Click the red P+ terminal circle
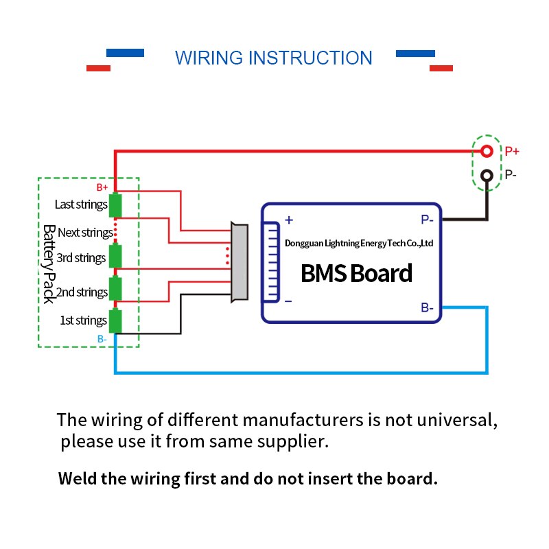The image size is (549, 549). [487, 151]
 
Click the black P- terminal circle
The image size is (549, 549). [487, 176]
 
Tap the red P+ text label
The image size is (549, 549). [512, 152]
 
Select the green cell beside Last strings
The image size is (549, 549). [116, 205]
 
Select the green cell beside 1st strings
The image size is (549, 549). [116, 320]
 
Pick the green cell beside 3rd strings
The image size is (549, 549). [116, 256]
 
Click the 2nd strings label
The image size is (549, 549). [82, 292]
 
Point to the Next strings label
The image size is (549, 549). [85, 233]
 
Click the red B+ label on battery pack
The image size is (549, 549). [102, 187]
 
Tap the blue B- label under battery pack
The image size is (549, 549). [102, 339]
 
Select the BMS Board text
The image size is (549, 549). [356, 273]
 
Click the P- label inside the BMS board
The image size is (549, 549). [426, 220]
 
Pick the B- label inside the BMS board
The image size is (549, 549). [426, 308]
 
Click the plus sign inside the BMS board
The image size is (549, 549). [289, 220]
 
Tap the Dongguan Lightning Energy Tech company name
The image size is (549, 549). [358, 243]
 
